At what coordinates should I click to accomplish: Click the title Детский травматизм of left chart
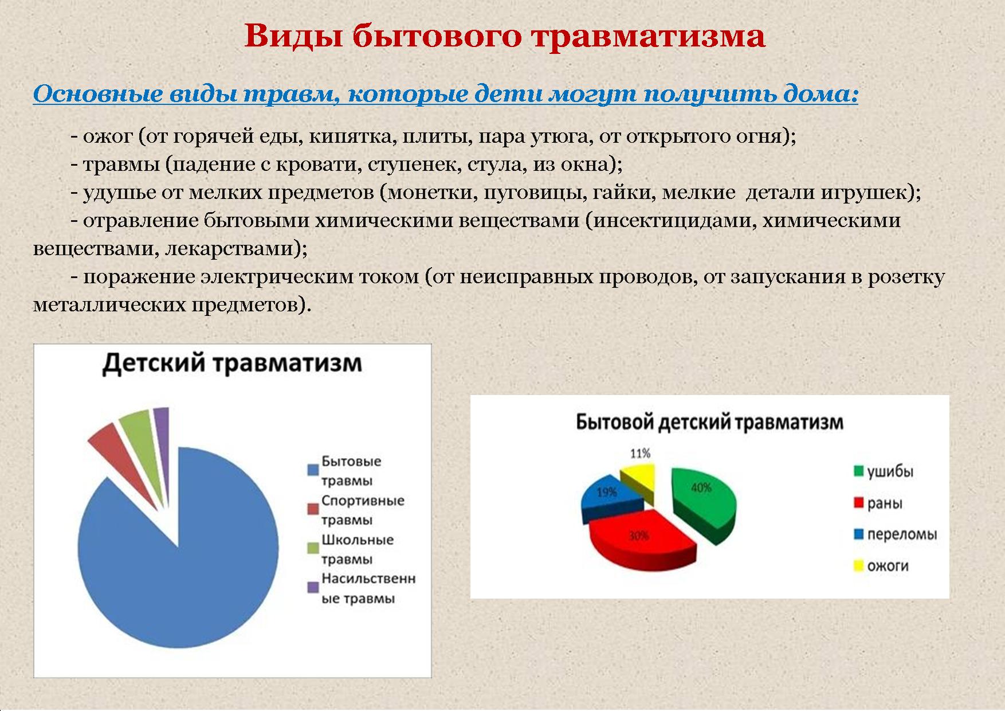[232, 364]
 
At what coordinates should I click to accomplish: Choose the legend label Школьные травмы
[358, 549]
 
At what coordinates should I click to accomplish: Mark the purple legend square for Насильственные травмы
[313, 587]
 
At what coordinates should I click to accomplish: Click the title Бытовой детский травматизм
[709, 423]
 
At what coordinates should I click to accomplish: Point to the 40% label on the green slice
[701, 488]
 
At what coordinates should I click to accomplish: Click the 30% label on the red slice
[638, 536]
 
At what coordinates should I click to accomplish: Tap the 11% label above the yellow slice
[640, 454]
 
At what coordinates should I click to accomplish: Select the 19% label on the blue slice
[607, 493]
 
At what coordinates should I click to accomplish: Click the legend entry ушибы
[884, 472]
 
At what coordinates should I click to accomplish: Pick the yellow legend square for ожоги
[858, 567]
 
